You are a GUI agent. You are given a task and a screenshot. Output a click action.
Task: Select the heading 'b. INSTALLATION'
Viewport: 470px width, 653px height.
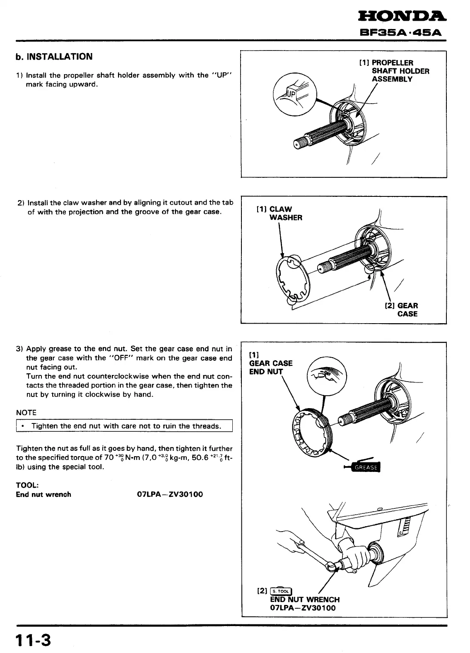point(54,57)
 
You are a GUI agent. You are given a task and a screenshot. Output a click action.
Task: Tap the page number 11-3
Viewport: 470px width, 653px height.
point(33,641)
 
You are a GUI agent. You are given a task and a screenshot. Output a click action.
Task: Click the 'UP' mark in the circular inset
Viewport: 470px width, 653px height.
point(291,94)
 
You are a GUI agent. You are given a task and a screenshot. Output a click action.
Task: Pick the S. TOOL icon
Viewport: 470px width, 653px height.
point(281,591)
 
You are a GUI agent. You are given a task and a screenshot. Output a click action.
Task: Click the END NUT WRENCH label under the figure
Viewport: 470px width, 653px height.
point(304,600)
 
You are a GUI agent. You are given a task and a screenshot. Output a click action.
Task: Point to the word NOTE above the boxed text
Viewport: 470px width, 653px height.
point(26,413)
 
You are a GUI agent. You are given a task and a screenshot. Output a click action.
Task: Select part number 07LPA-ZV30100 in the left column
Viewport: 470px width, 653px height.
point(170,494)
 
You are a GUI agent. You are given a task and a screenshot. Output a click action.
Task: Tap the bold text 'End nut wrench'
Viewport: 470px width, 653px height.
point(43,494)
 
